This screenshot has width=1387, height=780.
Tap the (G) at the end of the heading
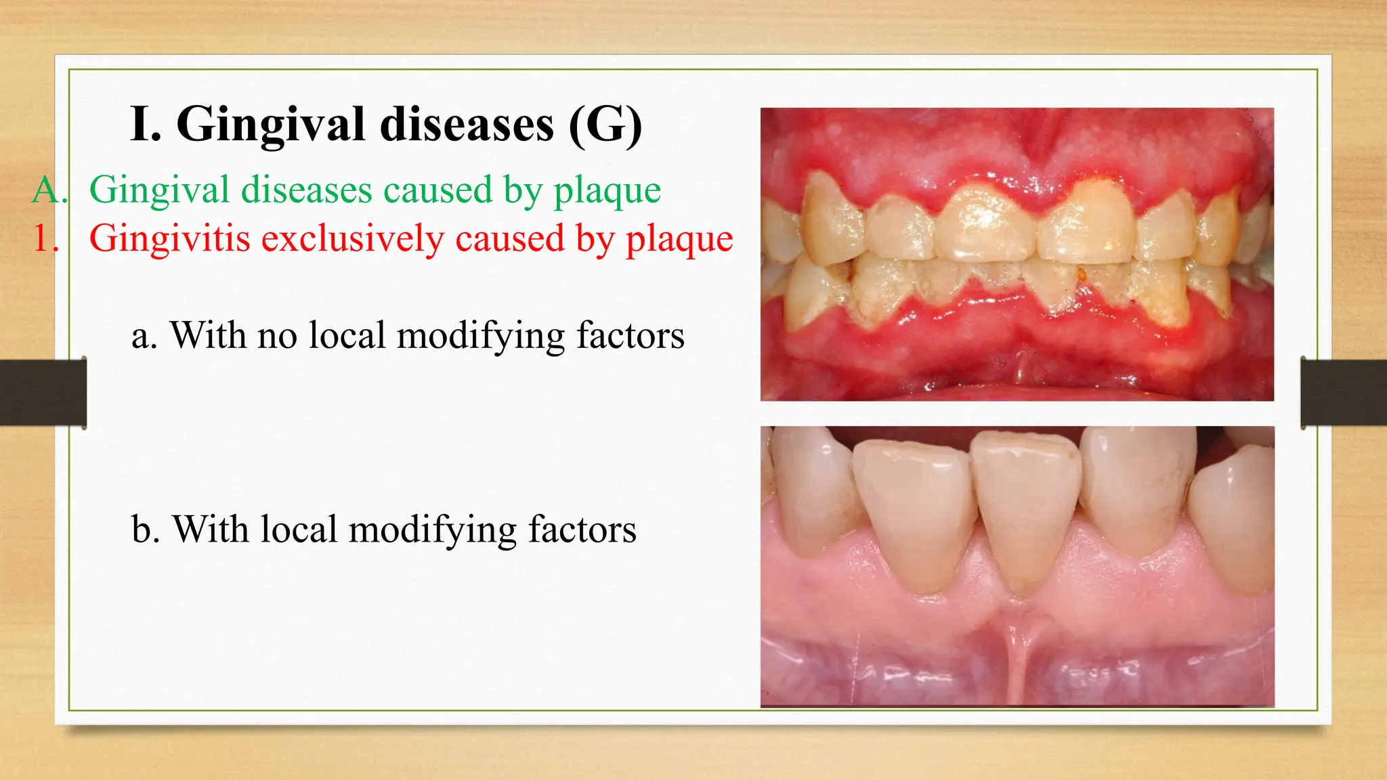[605, 125]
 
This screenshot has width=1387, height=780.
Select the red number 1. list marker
[46, 239]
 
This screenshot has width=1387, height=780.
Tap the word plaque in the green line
[607, 190]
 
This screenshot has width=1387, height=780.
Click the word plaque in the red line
[679, 239]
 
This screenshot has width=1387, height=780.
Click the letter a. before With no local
[144, 336]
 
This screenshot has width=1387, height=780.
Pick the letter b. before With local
[145, 529]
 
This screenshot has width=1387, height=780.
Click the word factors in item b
[582, 529]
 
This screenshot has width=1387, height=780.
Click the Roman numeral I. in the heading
[145, 125]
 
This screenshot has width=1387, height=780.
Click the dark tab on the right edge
[1344, 393]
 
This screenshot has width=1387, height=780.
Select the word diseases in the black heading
[467, 125]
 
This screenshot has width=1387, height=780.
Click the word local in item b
[299, 529]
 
